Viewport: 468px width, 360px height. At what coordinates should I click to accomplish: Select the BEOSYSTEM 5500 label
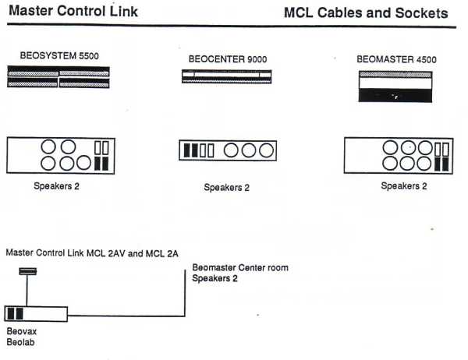click(x=58, y=56)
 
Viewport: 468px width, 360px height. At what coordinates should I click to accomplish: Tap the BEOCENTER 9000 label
click(x=226, y=58)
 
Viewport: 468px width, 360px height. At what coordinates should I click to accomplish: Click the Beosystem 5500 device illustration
click(x=59, y=77)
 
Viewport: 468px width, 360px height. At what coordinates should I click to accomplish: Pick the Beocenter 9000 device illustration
click(x=227, y=76)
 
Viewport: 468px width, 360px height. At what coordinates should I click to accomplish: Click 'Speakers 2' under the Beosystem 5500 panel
click(x=56, y=186)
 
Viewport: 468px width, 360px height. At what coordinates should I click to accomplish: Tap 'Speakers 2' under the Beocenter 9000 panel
click(x=226, y=187)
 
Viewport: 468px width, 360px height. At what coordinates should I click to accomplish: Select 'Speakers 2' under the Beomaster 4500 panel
click(x=403, y=185)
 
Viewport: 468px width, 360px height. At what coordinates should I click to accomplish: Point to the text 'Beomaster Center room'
click(x=240, y=268)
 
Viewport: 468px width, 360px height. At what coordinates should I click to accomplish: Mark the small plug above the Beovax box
click(x=27, y=271)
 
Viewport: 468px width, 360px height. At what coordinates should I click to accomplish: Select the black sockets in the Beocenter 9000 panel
click(x=190, y=150)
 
